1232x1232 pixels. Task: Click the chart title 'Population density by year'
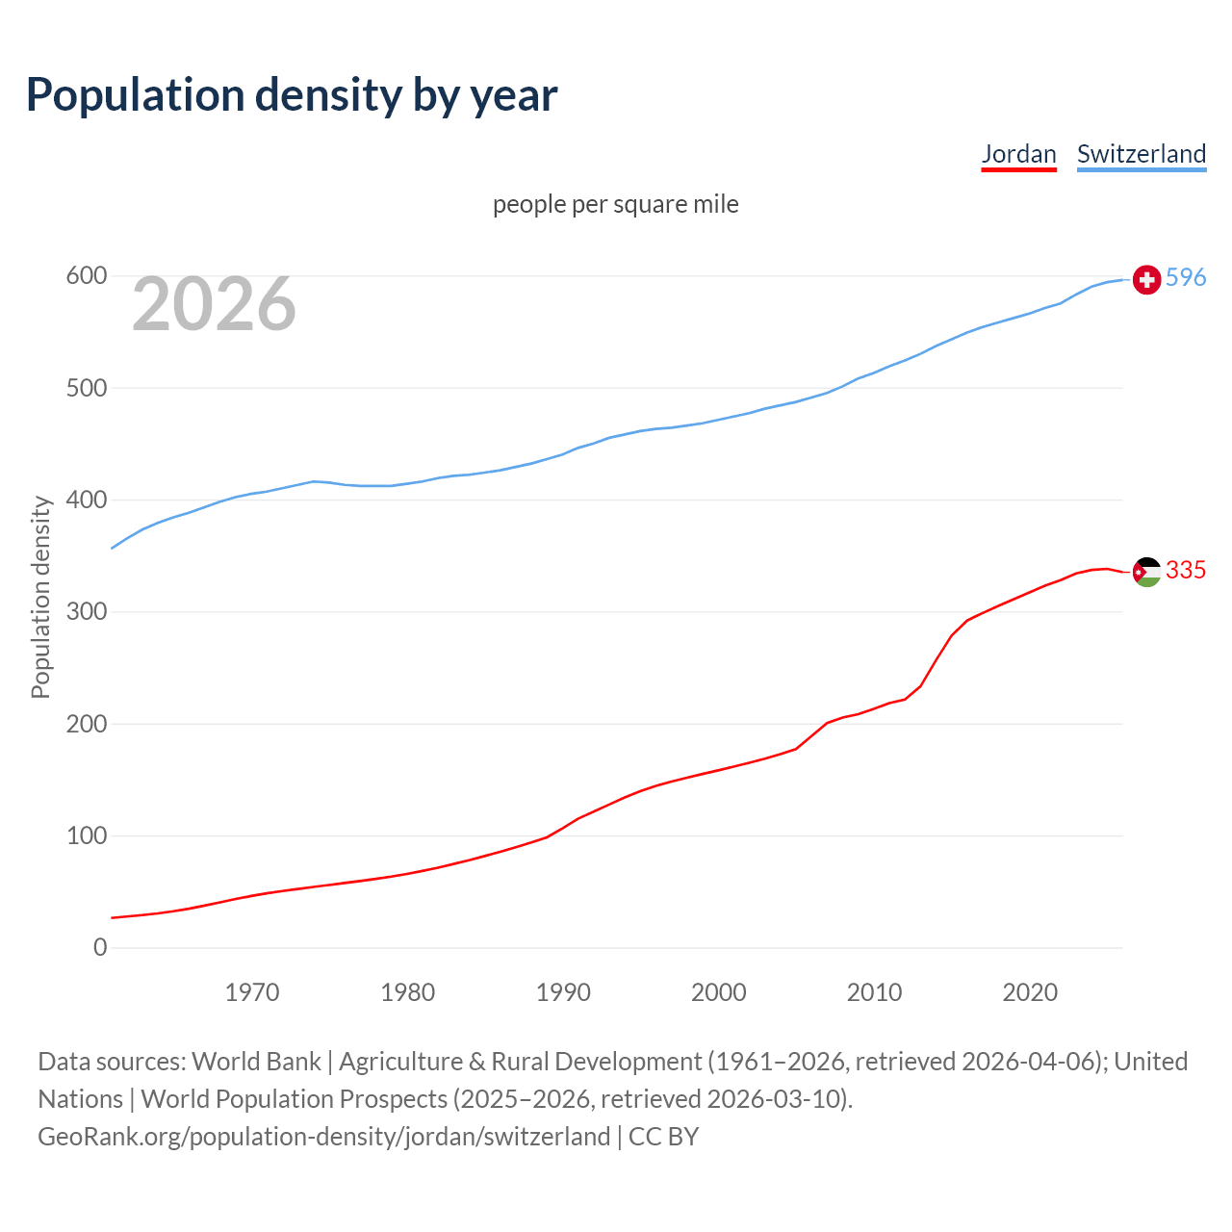[x=292, y=94]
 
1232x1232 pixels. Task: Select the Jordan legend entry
[x=1018, y=154]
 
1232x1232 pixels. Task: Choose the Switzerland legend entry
[x=1141, y=154]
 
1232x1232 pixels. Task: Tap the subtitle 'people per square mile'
[x=615, y=204]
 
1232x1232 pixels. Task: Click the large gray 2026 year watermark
[x=214, y=304]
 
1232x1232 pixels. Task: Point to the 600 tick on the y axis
[x=86, y=276]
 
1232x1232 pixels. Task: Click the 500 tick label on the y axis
[x=86, y=388]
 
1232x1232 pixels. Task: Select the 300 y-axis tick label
[x=86, y=612]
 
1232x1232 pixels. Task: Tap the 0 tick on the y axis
[x=100, y=947]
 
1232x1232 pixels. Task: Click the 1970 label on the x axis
[x=252, y=992]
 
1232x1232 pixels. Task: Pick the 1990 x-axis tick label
[x=563, y=992]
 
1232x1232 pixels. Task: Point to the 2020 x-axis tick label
[x=1030, y=992]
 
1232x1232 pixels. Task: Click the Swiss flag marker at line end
[x=1146, y=279]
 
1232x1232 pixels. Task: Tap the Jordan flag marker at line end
[x=1146, y=572]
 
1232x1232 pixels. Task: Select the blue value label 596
[x=1186, y=277]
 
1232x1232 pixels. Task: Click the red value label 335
[x=1186, y=570]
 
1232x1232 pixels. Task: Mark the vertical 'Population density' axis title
[x=40, y=597]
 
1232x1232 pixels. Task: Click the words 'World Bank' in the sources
[x=256, y=1062]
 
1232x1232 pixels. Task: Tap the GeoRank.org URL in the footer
[x=323, y=1137]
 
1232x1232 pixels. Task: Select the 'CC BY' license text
[x=663, y=1137]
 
